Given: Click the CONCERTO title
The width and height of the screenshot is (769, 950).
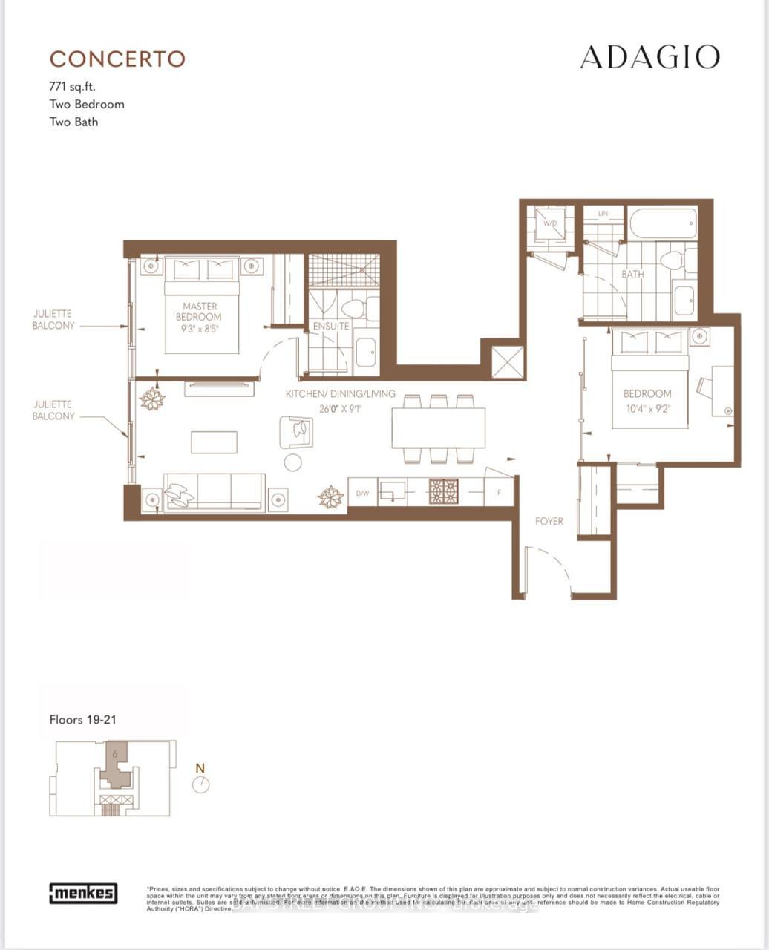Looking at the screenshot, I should point(117,59).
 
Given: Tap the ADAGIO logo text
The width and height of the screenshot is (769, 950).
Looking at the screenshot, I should point(649,57).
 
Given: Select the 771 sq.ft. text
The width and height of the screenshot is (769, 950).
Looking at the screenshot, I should point(73,87).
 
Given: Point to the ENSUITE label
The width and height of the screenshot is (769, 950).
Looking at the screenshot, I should point(330,326).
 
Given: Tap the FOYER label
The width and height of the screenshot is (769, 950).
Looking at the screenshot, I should point(549,522).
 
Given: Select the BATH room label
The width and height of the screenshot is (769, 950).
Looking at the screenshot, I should point(632,274).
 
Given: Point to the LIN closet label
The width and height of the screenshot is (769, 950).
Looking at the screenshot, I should point(603,214).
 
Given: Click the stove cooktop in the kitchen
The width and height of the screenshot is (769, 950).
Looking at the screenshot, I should point(443,491).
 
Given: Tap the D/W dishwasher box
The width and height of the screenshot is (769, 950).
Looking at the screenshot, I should point(362,493).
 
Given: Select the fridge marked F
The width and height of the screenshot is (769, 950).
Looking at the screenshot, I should point(499,491).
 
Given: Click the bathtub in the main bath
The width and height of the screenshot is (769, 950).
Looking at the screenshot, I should point(663,223).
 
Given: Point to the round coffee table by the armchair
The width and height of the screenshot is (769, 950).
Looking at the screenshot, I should point(293,462).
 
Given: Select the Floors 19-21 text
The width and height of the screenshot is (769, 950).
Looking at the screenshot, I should point(82,719).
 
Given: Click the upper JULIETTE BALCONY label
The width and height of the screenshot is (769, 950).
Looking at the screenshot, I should point(53,320).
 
